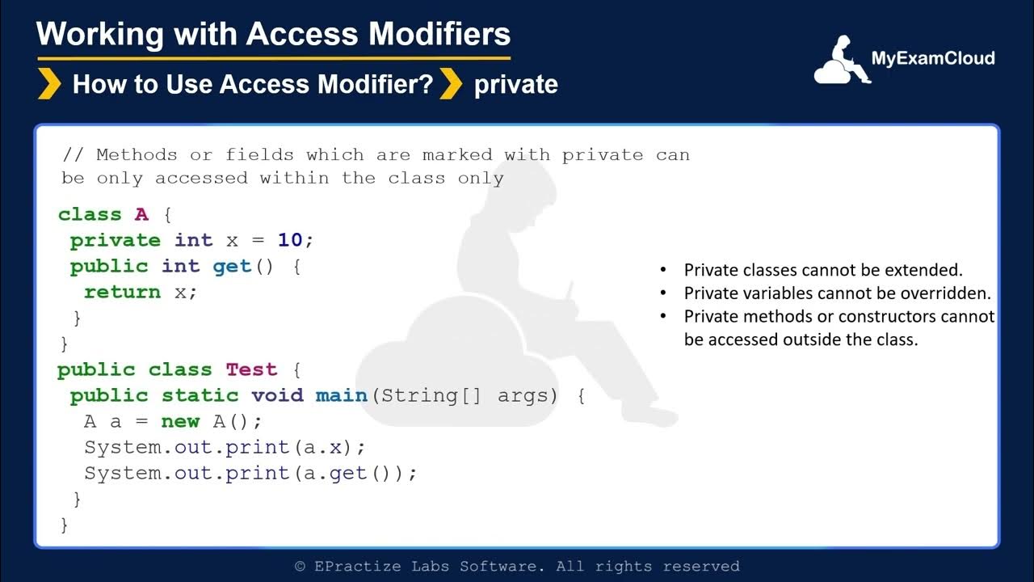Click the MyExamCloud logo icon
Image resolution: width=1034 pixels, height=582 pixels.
(x=841, y=61)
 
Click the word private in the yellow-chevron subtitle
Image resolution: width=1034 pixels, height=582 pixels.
(x=515, y=84)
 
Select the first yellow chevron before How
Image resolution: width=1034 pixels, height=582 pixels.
(x=49, y=84)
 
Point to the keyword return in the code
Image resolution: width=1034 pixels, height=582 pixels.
(x=122, y=292)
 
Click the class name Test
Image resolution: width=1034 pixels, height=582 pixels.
(x=251, y=369)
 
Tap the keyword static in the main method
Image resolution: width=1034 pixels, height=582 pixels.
(x=200, y=395)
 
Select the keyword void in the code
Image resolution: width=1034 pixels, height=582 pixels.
(x=277, y=395)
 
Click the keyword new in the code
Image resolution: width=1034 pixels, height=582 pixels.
(x=180, y=421)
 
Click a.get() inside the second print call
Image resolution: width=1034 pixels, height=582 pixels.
(x=348, y=473)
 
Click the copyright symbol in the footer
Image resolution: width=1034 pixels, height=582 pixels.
(x=300, y=567)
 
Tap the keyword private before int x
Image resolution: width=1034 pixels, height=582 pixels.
(x=116, y=240)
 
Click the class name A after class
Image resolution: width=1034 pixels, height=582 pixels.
(x=141, y=214)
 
